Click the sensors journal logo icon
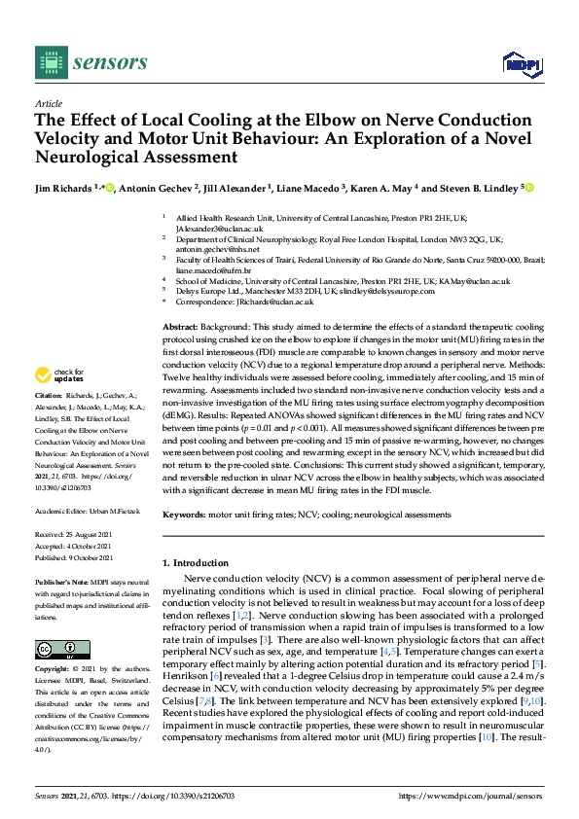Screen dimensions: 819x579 pos(49,63)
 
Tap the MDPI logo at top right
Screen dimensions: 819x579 pos(522,64)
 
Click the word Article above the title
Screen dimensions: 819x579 pos(48,102)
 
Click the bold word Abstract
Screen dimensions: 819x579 pos(179,328)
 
